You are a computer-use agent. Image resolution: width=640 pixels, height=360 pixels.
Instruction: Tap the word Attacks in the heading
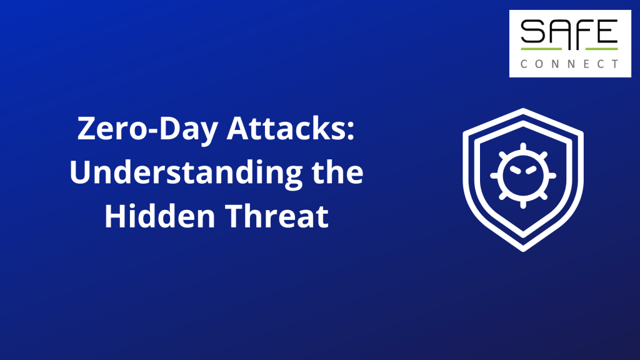(286, 129)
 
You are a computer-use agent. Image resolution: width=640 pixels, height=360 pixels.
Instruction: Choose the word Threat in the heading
(277, 216)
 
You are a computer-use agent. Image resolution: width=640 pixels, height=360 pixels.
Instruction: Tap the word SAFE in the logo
(569, 31)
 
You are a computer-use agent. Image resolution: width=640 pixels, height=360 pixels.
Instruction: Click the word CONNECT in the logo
(569, 64)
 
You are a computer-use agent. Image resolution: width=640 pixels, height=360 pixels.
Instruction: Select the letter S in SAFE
(532, 31)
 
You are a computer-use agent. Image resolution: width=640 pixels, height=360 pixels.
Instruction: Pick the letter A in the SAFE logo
(558, 31)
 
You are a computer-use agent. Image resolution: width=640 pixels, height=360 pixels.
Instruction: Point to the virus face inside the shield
(523, 176)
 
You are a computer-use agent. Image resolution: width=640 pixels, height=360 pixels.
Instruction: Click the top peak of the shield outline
(523, 109)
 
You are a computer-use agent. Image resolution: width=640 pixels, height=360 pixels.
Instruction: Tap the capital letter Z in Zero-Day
(86, 129)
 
